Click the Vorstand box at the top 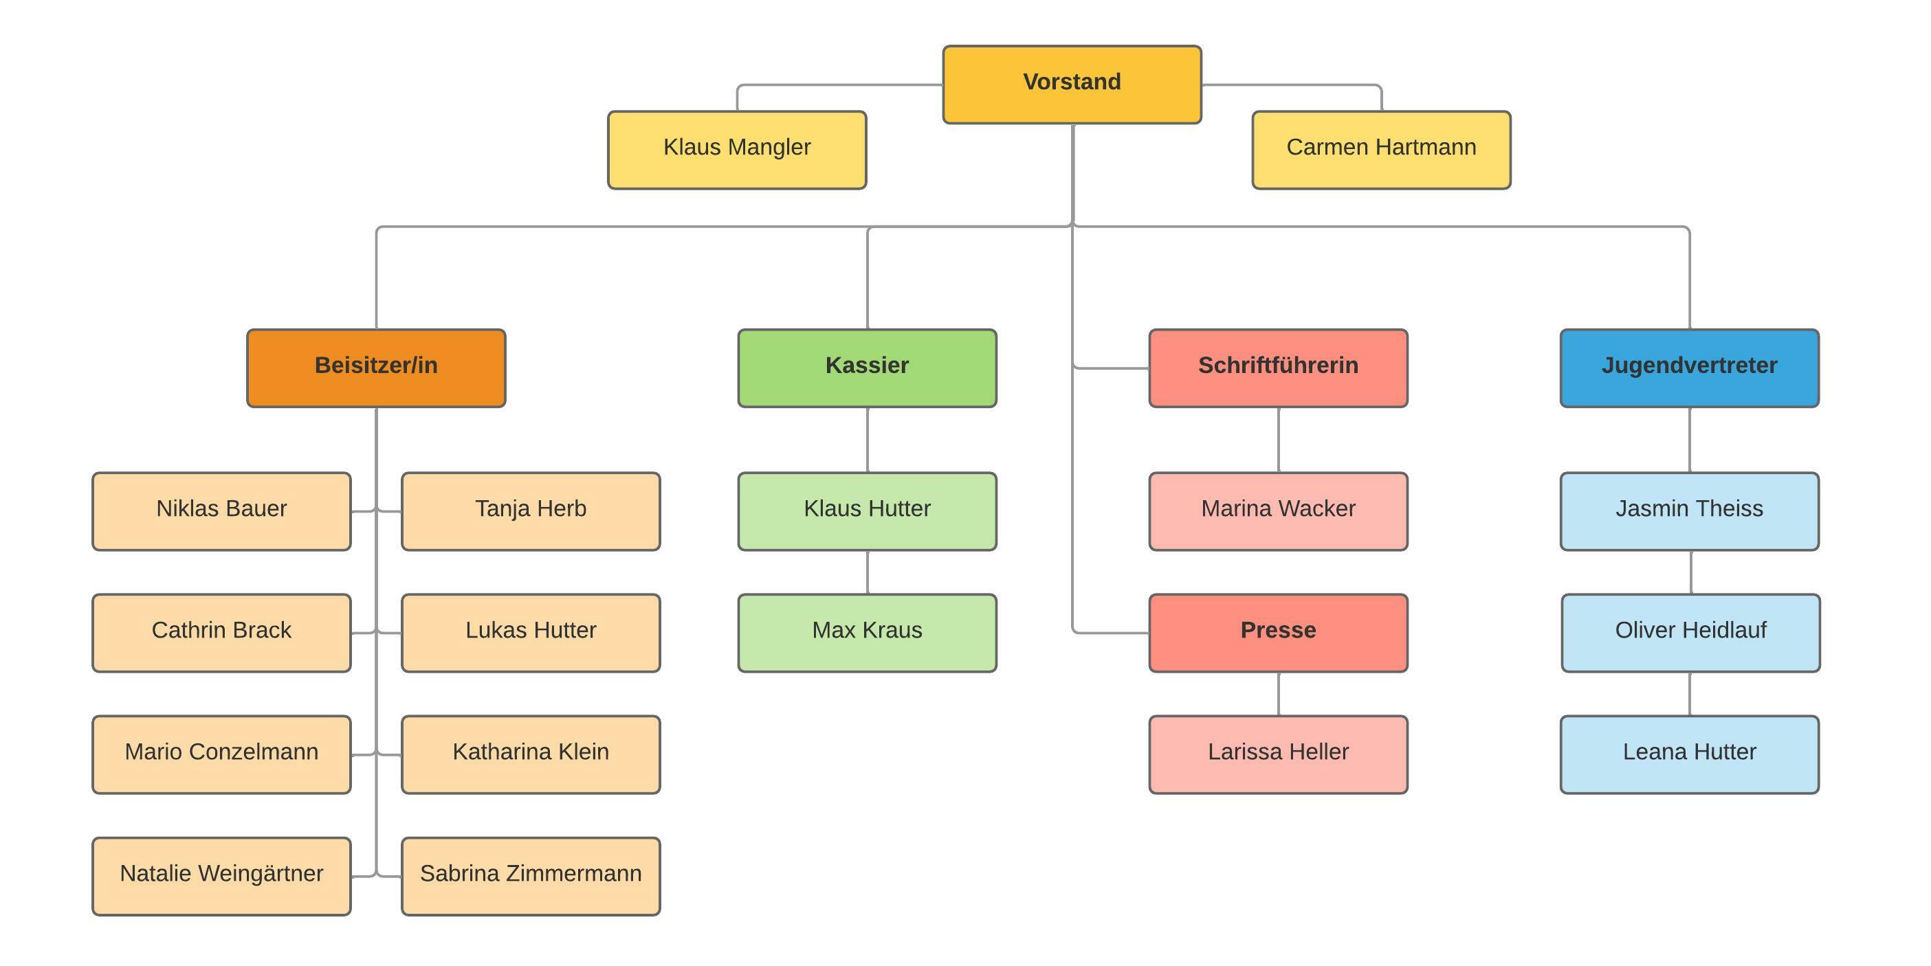click(1071, 84)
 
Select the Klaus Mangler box click(737, 150)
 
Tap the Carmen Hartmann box click(1381, 150)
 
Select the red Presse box click(1277, 633)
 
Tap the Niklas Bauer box click(221, 511)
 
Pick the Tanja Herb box click(530, 511)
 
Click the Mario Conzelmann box click(221, 754)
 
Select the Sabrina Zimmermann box click(530, 875)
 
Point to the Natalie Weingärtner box click(221, 875)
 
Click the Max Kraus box click(867, 633)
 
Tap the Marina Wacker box click(1277, 511)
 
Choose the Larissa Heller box click(1277, 754)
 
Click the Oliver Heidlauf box click(1690, 633)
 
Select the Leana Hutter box click(1689, 754)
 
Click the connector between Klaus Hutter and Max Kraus click(868, 572)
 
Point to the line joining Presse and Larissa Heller click(1278, 693)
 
